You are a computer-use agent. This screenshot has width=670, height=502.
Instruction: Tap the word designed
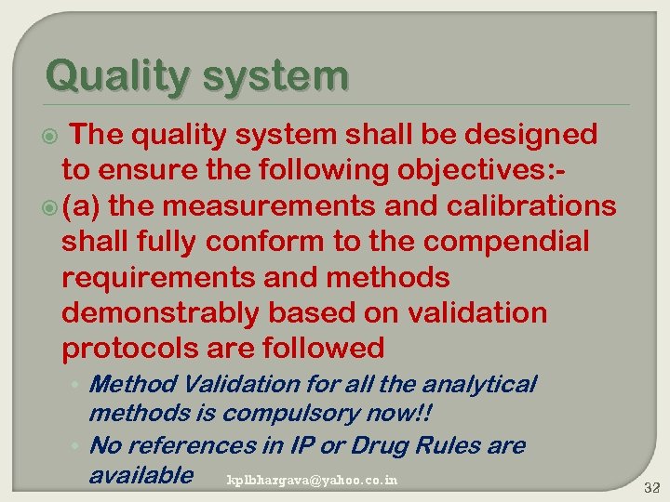pyautogui.click(x=529, y=135)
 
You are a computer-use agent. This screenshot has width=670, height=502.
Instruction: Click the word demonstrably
pyautogui.click(x=159, y=313)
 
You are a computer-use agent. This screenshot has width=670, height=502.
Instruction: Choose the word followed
pyautogui.click(x=324, y=349)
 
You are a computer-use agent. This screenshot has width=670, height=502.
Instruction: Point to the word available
pyautogui.click(x=141, y=475)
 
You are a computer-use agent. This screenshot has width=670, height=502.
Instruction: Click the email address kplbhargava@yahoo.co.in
pyautogui.click(x=312, y=480)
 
